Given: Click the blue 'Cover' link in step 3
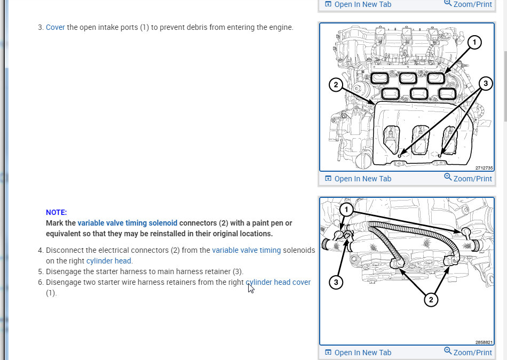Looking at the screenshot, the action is (56, 28).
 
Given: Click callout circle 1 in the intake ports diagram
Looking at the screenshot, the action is (474, 42).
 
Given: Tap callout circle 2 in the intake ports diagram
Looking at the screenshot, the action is (336, 85).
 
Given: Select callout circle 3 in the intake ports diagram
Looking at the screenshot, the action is (485, 84).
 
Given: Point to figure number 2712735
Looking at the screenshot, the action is (484, 168).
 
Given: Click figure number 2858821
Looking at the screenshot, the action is (484, 342).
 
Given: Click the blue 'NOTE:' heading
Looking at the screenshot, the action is (56, 212).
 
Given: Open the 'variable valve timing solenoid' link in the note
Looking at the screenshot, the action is (128, 223).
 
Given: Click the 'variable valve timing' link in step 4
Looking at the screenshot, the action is (247, 250).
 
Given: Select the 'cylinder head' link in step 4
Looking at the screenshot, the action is (109, 261).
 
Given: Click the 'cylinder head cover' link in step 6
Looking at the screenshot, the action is (278, 282).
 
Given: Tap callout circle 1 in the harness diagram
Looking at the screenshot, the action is (346, 210).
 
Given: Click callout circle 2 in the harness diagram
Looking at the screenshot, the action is (431, 300).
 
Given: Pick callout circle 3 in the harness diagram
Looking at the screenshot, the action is (336, 282).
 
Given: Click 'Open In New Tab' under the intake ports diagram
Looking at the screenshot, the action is (358, 179).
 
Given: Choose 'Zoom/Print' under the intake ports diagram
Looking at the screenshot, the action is (468, 178).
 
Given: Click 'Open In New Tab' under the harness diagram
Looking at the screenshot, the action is (358, 353).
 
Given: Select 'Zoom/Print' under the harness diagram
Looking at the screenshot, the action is (468, 352).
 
